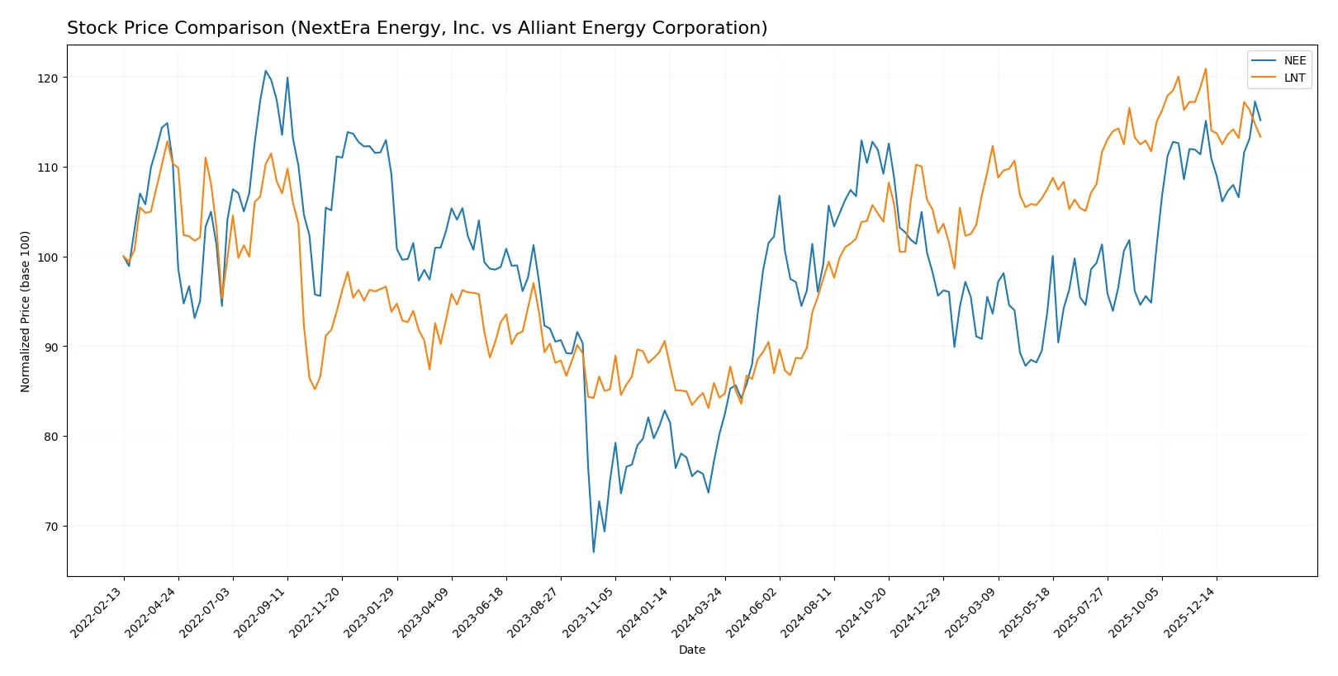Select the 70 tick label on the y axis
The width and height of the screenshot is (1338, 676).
click(x=51, y=527)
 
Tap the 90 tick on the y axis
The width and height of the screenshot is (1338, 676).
click(x=51, y=347)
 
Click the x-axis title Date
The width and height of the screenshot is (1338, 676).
click(x=691, y=650)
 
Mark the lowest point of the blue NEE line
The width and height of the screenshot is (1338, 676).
click(x=593, y=551)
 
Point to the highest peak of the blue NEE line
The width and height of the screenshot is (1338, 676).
click(x=265, y=71)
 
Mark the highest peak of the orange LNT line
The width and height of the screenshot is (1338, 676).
click(x=1206, y=69)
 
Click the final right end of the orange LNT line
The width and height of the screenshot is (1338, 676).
click(x=1260, y=137)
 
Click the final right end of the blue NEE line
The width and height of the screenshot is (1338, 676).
click(x=1260, y=121)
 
